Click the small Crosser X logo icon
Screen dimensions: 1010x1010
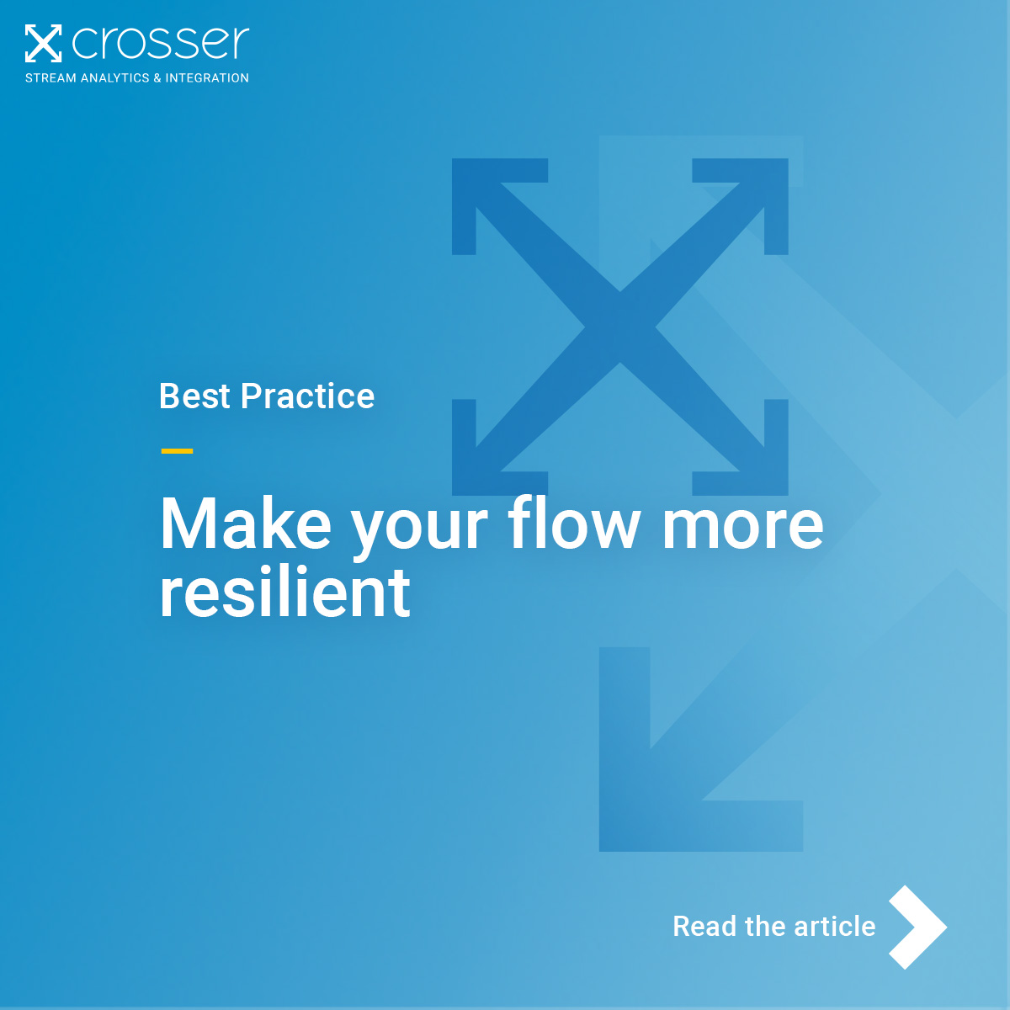coord(43,44)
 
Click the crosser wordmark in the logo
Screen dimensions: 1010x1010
coord(161,43)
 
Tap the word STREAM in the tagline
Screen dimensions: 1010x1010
coord(50,78)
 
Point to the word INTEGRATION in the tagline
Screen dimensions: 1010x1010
coord(207,78)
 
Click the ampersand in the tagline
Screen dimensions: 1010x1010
coord(157,78)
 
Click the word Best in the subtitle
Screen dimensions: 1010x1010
coord(194,396)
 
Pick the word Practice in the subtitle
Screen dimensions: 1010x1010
coord(307,396)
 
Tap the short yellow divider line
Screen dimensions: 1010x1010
coord(177,451)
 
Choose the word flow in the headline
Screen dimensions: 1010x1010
coord(574,524)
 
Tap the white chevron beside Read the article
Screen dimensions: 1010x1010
coord(917,927)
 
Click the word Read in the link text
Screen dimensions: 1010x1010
coord(705,927)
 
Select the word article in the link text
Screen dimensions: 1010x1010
coord(834,927)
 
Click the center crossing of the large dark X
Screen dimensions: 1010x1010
coord(620,327)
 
